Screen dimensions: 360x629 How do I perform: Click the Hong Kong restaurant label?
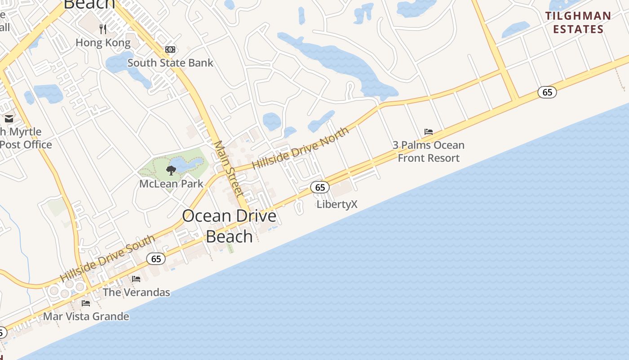click(103, 43)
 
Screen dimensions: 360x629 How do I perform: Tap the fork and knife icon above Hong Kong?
click(103, 29)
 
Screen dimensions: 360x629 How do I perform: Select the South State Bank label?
click(170, 63)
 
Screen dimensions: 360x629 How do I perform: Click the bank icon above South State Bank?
click(170, 49)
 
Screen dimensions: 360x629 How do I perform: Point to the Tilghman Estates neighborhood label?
click(578, 22)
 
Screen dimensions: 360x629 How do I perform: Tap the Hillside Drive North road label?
click(300, 148)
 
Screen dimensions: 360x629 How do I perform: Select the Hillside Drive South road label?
click(108, 258)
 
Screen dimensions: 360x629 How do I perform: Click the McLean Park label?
click(171, 184)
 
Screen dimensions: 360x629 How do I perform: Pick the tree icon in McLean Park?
click(171, 170)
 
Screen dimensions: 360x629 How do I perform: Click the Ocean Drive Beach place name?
click(229, 226)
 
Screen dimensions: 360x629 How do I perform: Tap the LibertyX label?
click(337, 204)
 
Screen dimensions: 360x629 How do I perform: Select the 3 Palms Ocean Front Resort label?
click(429, 152)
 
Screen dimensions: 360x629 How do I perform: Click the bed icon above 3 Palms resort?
click(429, 132)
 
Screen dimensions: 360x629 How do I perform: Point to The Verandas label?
click(136, 292)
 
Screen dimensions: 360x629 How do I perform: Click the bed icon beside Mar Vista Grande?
click(86, 303)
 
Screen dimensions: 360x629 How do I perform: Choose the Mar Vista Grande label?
click(86, 316)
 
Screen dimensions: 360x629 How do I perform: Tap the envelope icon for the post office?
click(9, 119)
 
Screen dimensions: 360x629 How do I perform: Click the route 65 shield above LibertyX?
click(320, 187)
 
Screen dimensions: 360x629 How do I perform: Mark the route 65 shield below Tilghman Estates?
click(547, 92)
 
